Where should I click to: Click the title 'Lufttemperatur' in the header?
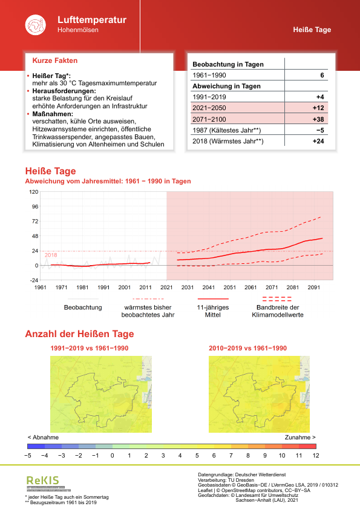coord(92,20)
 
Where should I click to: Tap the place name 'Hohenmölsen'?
coord(78,30)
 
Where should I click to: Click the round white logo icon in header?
coord(35,25)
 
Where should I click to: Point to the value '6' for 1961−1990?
coord(322,75)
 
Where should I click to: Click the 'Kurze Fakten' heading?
coord(54,61)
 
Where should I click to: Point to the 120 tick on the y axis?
coord(34,192)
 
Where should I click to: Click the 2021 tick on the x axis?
coord(166,287)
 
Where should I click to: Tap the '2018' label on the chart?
coord(51,255)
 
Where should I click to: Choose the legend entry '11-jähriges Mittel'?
coord(212,311)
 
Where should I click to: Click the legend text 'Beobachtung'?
coord(83,307)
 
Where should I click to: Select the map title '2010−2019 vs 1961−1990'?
coord(247,349)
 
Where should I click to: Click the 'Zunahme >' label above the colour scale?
coord(299,436)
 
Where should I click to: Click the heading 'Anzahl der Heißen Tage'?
coord(79,334)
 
